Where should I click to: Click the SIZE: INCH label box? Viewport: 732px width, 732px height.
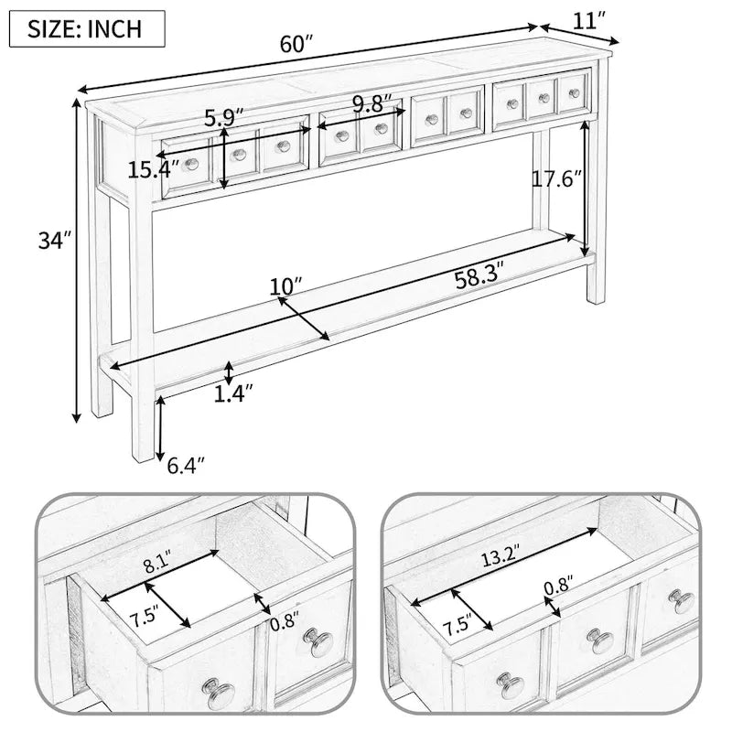[87, 29]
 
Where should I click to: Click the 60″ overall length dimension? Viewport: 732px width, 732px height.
[296, 44]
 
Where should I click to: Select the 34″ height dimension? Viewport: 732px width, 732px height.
[55, 241]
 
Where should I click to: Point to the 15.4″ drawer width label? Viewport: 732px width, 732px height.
[153, 169]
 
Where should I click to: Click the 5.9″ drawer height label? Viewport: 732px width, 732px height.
[224, 119]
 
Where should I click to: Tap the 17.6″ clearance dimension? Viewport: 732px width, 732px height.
[558, 178]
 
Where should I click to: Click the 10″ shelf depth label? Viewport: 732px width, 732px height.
[286, 286]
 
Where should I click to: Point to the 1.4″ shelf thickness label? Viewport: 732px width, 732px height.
[234, 394]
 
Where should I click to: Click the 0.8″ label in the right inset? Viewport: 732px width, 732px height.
[559, 585]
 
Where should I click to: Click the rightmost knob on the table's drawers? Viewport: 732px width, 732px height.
[575, 93]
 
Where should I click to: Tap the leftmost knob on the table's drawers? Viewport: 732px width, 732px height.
[190, 164]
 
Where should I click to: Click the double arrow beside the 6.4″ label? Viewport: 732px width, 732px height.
[160, 428]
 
